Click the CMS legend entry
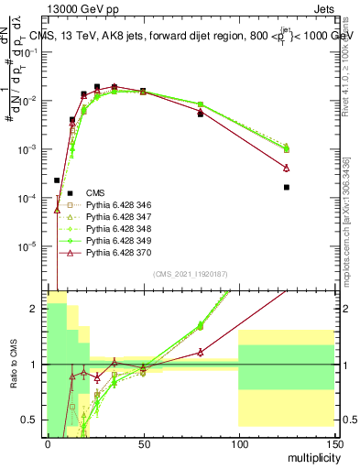pos(95,192)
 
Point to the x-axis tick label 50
pos(143,444)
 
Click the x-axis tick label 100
pos(238,444)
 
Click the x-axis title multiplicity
pos(311,457)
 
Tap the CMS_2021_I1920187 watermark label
pos(191,274)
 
